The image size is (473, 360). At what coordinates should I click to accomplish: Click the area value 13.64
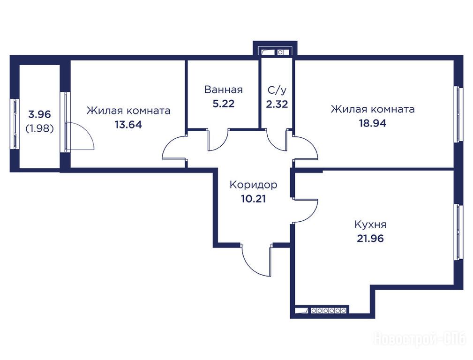click(128, 124)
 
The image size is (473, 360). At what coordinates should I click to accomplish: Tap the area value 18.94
click(372, 123)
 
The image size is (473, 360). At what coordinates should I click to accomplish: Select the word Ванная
click(223, 90)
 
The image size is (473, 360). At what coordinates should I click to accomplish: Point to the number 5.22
click(223, 104)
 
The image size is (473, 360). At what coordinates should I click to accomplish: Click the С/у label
click(277, 90)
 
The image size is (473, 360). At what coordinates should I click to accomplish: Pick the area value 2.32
click(277, 104)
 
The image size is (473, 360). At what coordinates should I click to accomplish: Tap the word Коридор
click(253, 184)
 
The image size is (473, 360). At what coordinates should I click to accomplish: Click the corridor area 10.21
click(254, 199)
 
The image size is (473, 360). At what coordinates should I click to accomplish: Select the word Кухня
click(370, 225)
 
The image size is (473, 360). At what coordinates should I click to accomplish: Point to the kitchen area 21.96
click(370, 239)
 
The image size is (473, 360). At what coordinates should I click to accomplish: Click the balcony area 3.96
click(39, 114)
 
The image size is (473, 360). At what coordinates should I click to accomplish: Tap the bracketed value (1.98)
click(39, 128)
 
